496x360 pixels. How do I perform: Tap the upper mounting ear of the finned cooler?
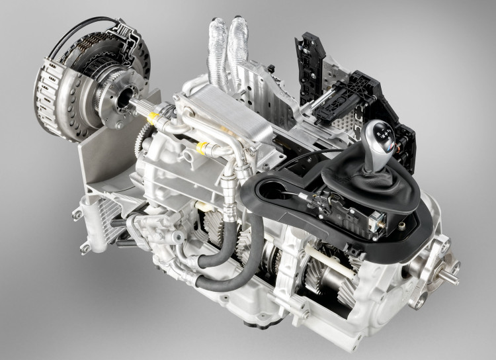[x=77, y=214]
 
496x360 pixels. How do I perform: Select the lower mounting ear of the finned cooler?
[x=84, y=249]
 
